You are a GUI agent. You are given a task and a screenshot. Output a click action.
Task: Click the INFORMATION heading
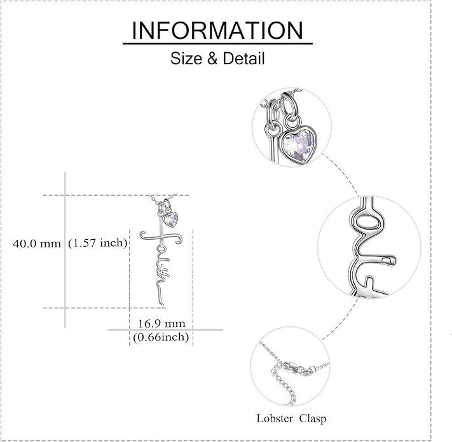pyautogui.click(x=217, y=31)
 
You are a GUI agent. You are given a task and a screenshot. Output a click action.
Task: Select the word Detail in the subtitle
pyautogui.click(x=243, y=59)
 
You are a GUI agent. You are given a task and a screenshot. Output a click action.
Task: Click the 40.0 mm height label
pyautogui.click(x=37, y=244)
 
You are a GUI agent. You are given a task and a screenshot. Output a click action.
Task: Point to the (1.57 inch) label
pyautogui.click(x=98, y=243)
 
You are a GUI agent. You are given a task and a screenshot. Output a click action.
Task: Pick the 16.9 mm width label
pyautogui.click(x=161, y=324)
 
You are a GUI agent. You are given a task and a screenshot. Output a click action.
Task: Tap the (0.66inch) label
pyautogui.click(x=161, y=337)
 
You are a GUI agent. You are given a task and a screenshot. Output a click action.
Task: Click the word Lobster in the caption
pyautogui.click(x=275, y=418)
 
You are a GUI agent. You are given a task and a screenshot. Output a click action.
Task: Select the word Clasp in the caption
pyautogui.click(x=313, y=418)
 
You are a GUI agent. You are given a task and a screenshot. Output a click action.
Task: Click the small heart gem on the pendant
pyautogui.click(x=170, y=220)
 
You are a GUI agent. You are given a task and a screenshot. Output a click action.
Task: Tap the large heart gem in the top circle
pyautogui.click(x=298, y=145)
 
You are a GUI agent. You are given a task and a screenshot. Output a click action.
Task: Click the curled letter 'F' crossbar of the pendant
pyautogui.click(x=161, y=238)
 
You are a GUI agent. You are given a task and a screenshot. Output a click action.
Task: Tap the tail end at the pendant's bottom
pyautogui.click(x=163, y=304)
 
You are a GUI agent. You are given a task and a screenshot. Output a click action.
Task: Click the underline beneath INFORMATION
pyautogui.click(x=217, y=43)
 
